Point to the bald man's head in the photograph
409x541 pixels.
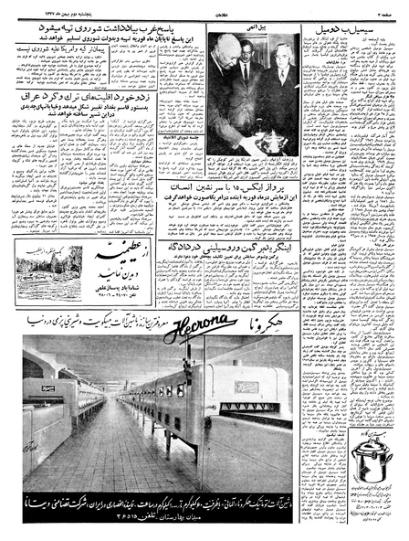pos(220,61)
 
